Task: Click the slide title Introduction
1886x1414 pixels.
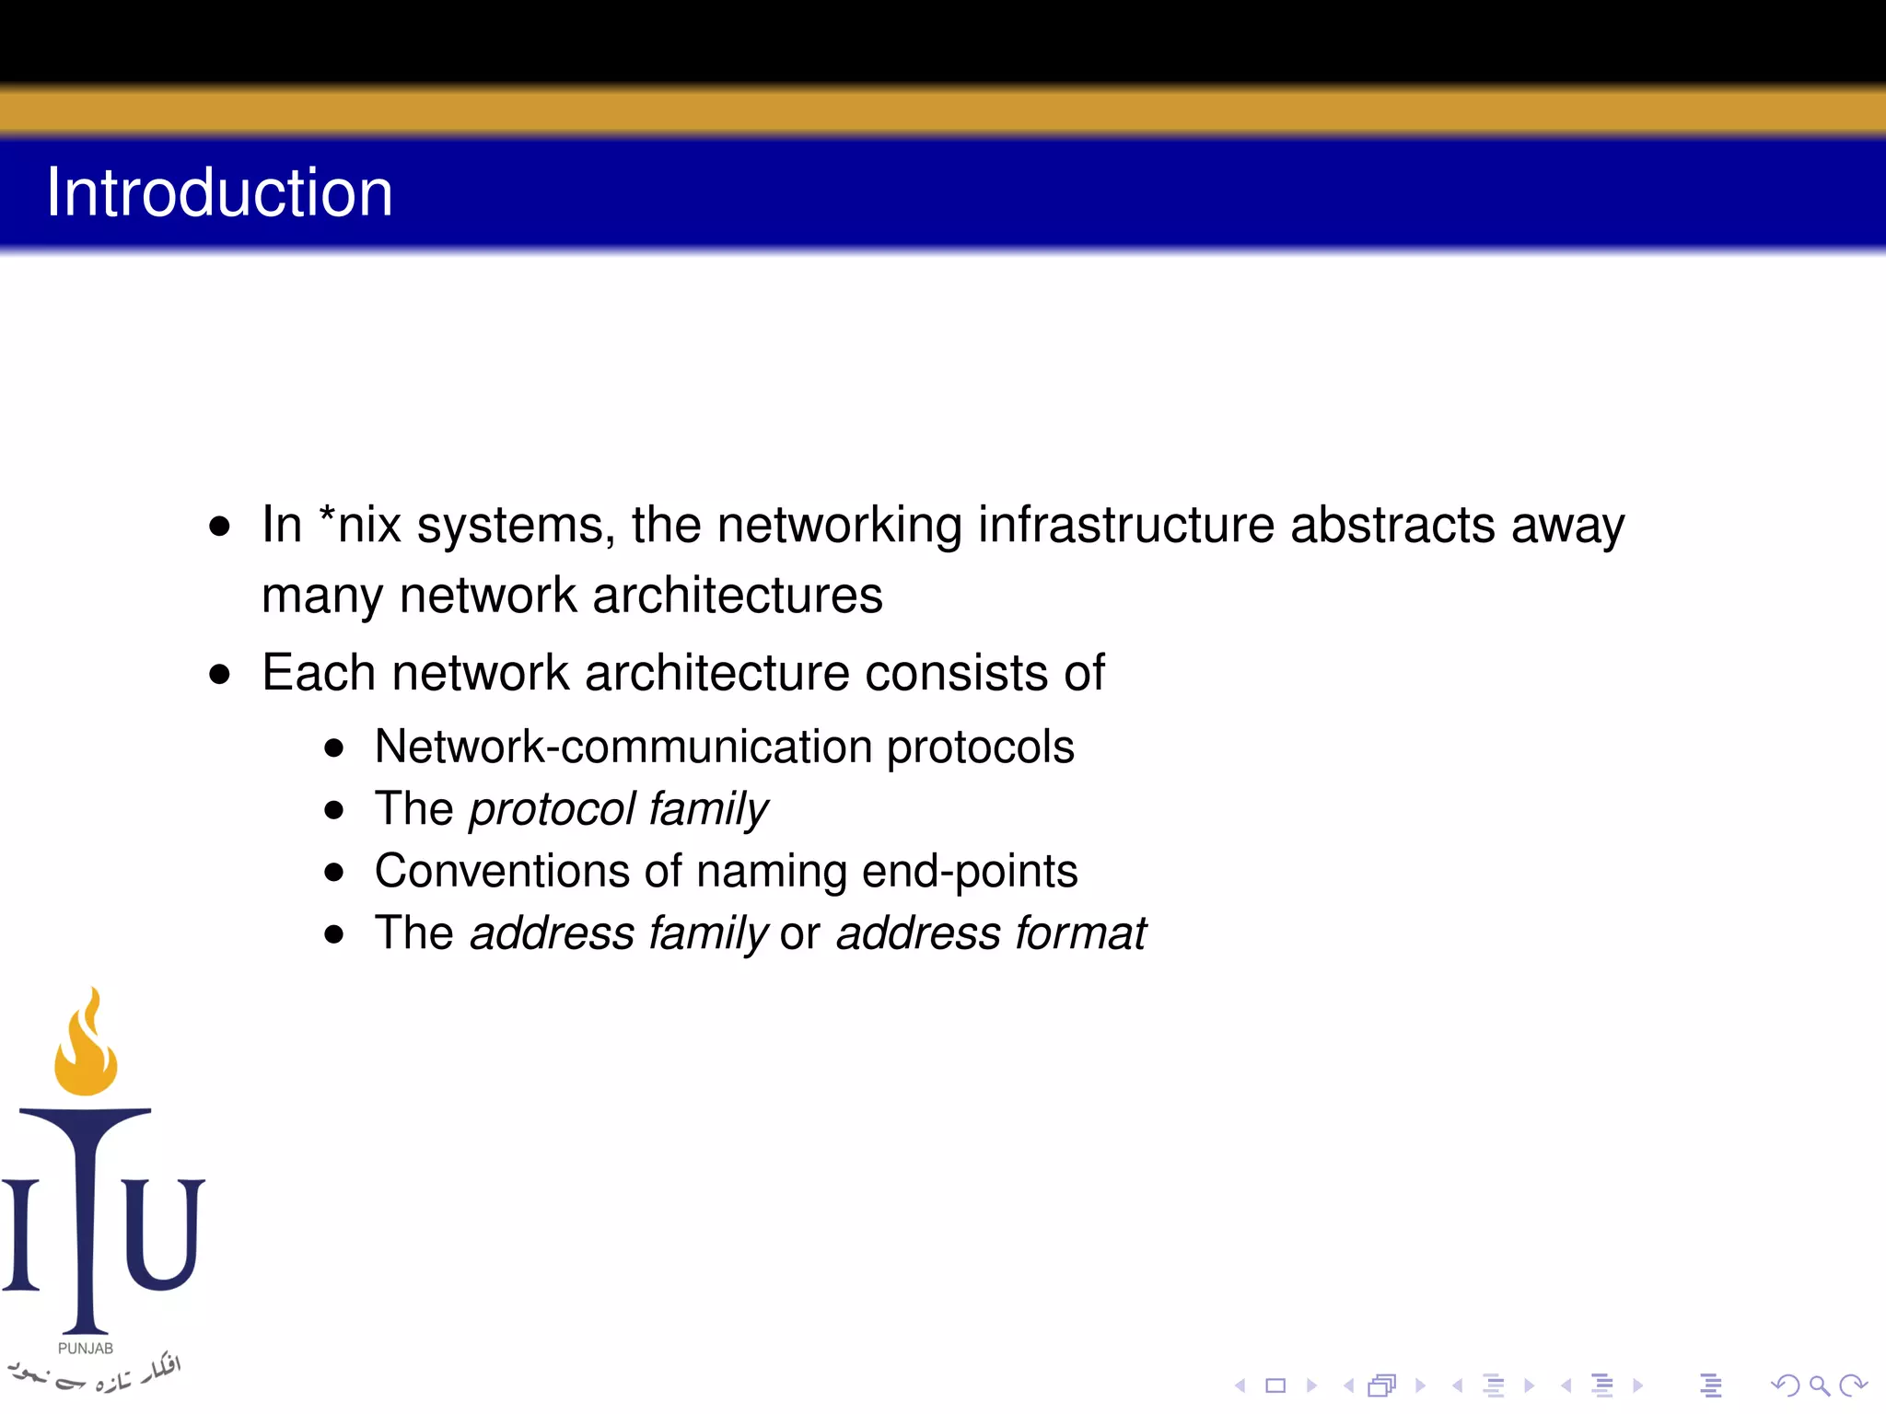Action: point(219,192)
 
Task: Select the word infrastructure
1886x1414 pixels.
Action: point(1125,526)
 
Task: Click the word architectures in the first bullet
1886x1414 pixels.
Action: point(737,596)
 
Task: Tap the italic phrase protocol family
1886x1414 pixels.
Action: point(618,810)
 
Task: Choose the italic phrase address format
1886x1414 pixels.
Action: point(991,933)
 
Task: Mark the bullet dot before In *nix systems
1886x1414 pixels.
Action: point(219,527)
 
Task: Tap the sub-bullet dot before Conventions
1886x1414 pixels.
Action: point(334,872)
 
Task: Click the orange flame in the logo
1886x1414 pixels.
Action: point(86,1045)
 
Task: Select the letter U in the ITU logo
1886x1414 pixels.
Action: point(164,1234)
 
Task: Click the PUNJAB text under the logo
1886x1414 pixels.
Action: point(86,1349)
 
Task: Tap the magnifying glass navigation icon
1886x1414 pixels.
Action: point(1819,1385)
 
